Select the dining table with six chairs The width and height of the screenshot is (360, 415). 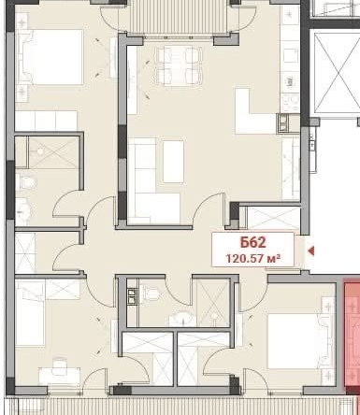pos(178,64)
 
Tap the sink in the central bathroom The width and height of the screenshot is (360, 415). pos(176,318)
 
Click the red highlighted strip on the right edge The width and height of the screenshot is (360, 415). pos(351,327)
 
